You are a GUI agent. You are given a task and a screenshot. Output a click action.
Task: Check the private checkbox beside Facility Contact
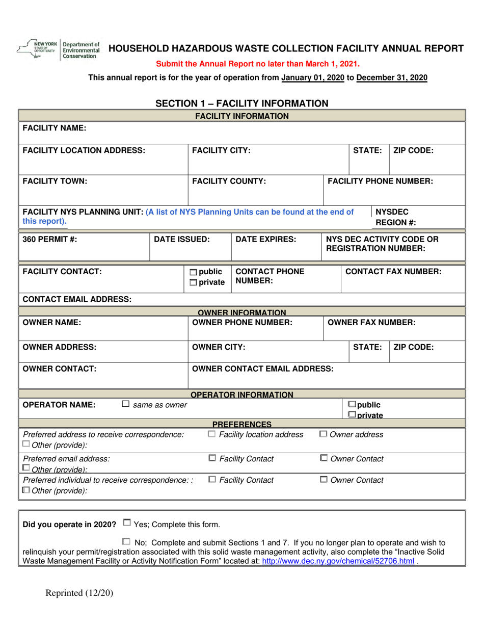pos(194,282)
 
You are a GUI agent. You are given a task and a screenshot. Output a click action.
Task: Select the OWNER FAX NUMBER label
pos(371,322)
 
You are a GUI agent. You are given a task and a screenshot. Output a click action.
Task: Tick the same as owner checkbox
pos(125,404)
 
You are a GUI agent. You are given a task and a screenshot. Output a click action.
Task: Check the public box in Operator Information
pos(352,404)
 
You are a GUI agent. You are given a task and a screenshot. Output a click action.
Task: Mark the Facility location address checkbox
pos(212,434)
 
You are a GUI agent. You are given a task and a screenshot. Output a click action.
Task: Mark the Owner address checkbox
pos(323,434)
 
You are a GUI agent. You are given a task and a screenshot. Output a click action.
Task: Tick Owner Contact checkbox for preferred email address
pos(323,458)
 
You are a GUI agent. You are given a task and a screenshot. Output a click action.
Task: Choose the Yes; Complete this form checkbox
pos(127,522)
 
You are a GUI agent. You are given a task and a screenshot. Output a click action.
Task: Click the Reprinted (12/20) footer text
pos(79,592)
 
